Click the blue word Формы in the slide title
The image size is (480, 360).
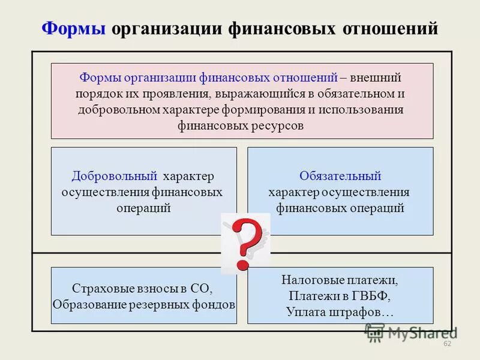click(74, 29)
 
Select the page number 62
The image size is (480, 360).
click(446, 344)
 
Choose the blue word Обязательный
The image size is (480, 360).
click(340, 176)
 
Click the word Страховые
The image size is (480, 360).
click(98, 289)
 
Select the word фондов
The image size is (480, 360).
click(217, 304)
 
